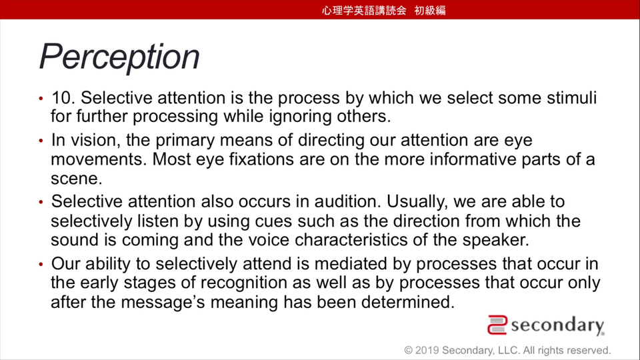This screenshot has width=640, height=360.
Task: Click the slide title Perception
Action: pos(119,57)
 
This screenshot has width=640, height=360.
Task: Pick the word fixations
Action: pos(261,159)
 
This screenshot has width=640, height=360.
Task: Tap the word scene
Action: pos(76,179)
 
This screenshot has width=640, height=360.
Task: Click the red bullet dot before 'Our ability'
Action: pos(41,265)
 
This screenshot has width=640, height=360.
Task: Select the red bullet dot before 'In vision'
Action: pos(41,141)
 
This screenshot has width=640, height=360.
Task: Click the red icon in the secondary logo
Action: pos(497,325)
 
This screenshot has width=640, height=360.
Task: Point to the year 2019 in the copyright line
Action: pos(427,351)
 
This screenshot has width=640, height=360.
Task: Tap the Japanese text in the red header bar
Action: pos(384,10)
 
